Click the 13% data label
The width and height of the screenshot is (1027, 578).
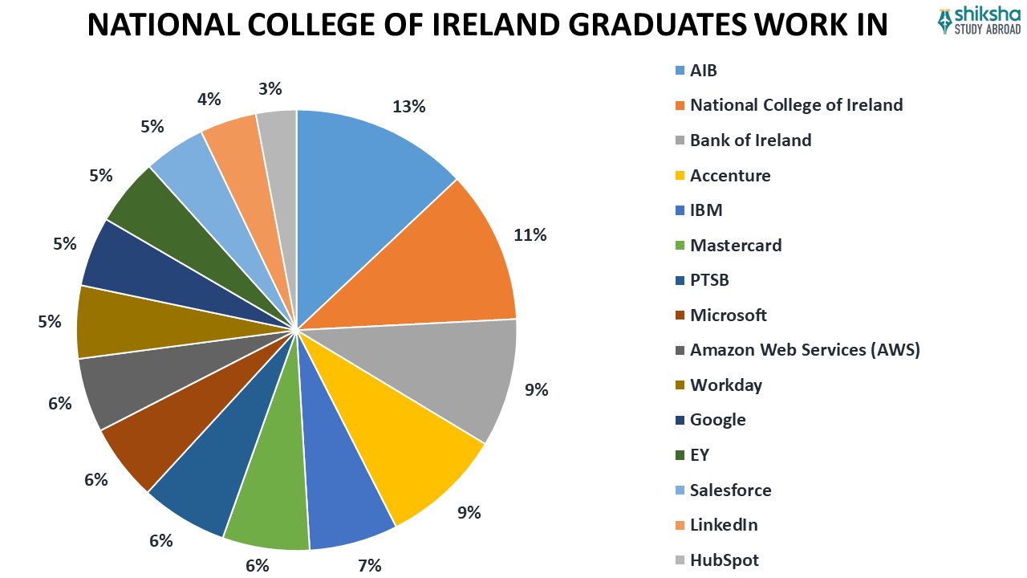408,107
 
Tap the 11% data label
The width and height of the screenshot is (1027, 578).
530,234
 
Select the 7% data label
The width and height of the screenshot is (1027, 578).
370,565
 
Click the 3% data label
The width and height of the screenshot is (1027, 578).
270,88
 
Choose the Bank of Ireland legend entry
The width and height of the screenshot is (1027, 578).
750,140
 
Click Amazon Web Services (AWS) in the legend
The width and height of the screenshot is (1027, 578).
805,350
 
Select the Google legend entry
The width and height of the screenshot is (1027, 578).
717,420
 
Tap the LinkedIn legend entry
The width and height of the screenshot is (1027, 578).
723,525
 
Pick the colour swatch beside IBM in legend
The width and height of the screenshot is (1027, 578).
680,211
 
